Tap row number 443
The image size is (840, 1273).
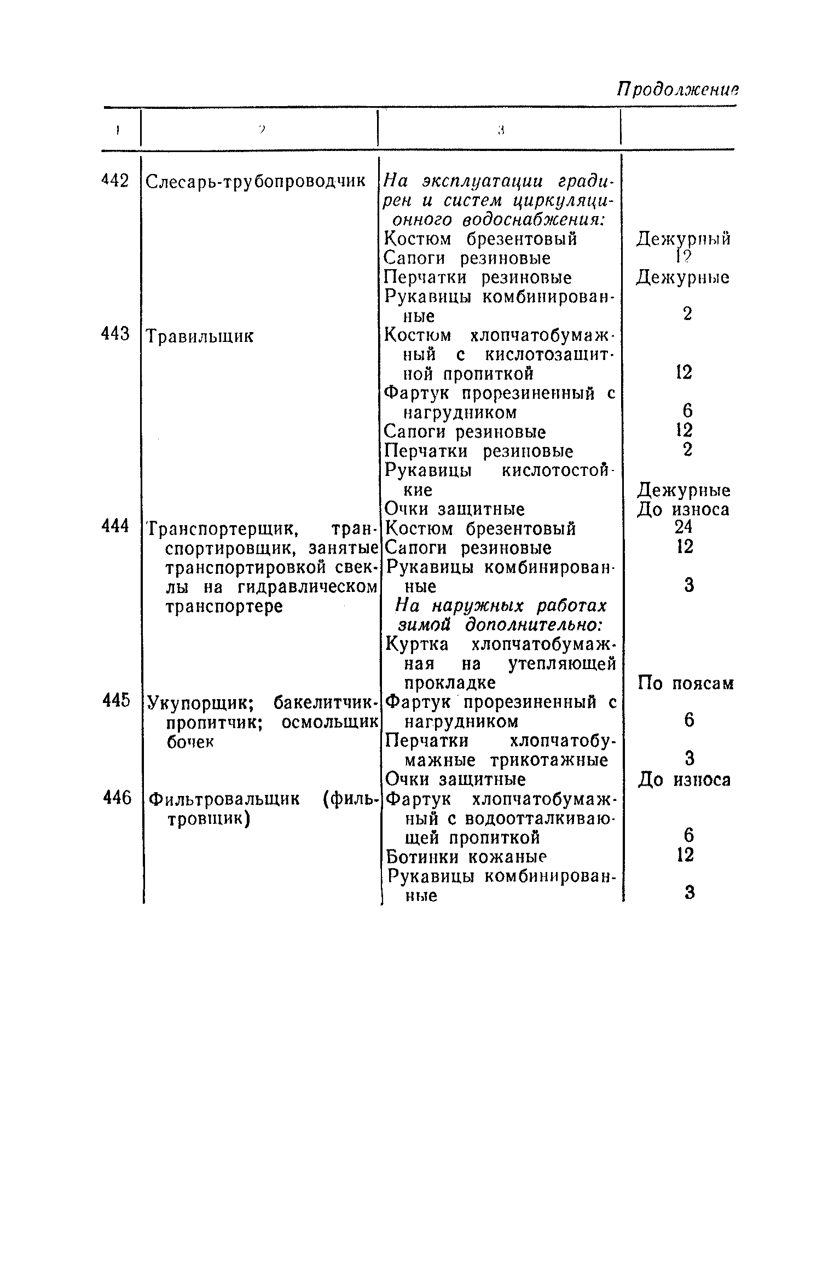click(115, 333)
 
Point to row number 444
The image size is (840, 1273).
click(115, 526)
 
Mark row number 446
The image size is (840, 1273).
click(117, 799)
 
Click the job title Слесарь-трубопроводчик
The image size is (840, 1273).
click(256, 181)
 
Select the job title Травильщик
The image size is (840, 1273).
click(200, 335)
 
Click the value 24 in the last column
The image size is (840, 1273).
click(684, 527)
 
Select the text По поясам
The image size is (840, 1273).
click(686, 684)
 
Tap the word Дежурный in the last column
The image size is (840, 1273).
click(683, 240)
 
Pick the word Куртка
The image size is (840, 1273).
click(417, 644)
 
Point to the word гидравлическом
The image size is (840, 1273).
click(308, 587)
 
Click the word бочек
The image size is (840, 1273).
click(189, 742)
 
